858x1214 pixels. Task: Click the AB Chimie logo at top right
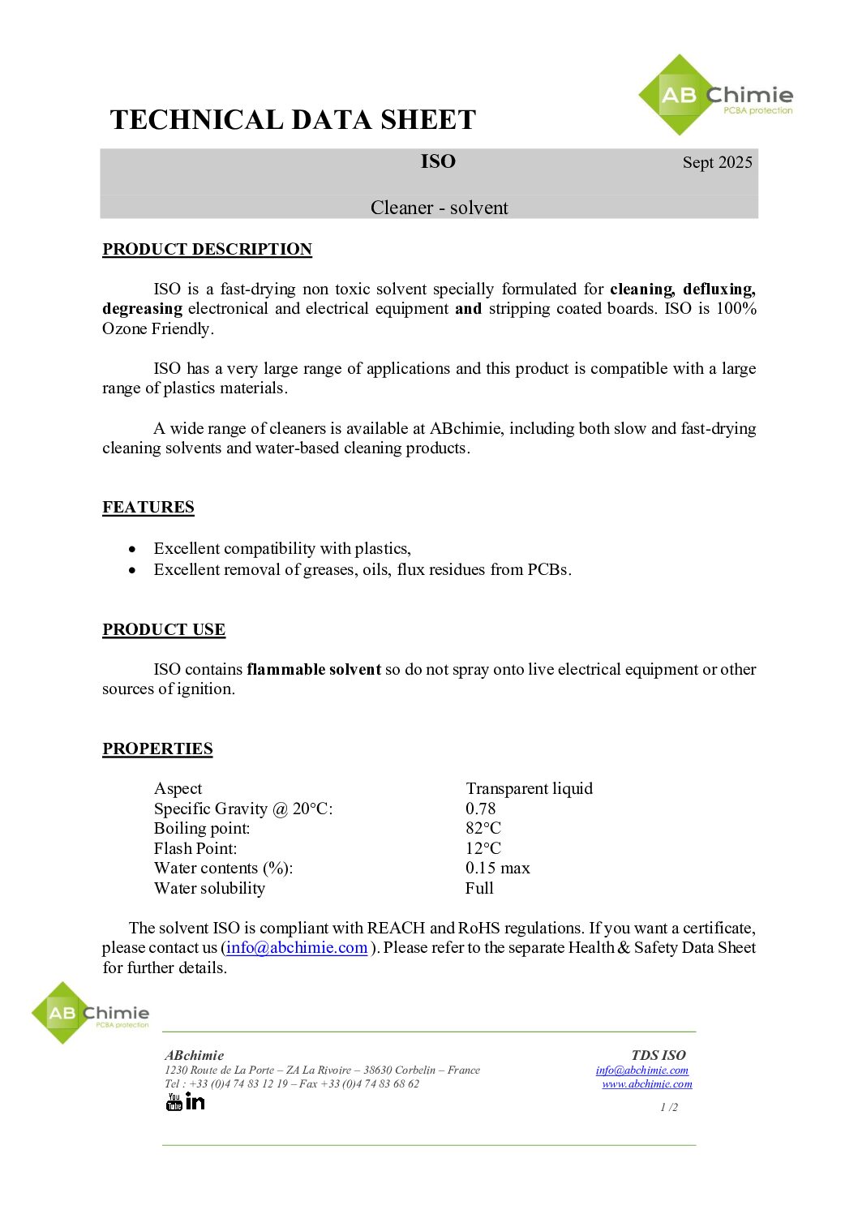click(x=714, y=96)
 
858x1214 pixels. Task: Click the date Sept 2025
click(x=717, y=162)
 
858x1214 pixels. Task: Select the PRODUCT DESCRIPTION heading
click(x=207, y=249)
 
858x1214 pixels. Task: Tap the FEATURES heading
click(x=148, y=507)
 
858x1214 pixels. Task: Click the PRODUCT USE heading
click(x=164, y=629)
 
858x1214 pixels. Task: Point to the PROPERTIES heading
click(x=157, y=749)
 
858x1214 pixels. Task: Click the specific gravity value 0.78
click(x=480, y=809)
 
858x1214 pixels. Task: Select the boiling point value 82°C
click(x=483, y=828)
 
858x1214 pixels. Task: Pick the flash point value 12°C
click(x=483, y=848)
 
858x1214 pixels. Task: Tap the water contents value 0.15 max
click(x=497, y=868)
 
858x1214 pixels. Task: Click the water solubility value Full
click(x=479, y=888)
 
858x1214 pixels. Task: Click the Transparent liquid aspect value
click(x=529, y=788)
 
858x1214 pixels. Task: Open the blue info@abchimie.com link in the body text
click(x=297, y=947)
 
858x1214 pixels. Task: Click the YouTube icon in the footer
click(x=174, y=1101)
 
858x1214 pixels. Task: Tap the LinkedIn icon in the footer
click(x=195, y=1100)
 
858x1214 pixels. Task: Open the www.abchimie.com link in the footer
click(x=647, y=1084)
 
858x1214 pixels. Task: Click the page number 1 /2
click(x=669, y=1107)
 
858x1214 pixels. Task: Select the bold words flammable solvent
click(x=314, y=669)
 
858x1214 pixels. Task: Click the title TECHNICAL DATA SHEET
click(x=293, y=120)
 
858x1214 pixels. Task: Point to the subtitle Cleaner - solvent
click(x=439, y=208)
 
